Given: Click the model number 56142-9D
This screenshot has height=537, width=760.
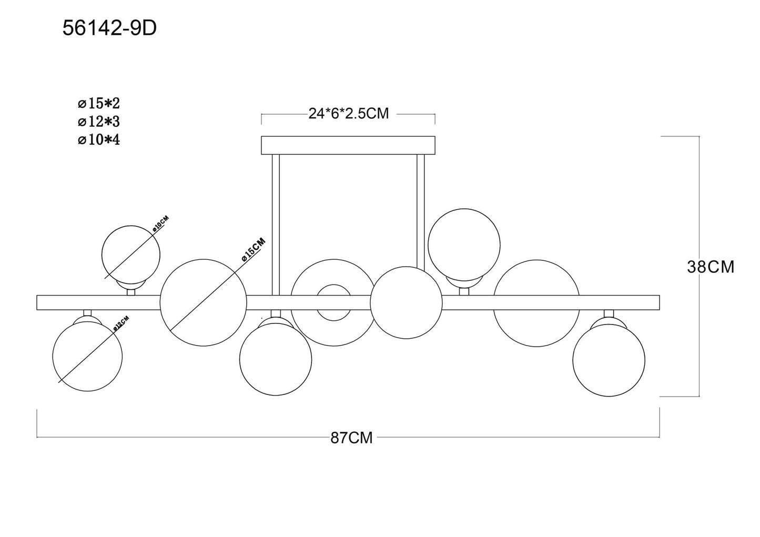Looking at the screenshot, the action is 109,28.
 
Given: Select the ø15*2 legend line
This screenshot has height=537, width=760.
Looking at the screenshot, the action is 99,104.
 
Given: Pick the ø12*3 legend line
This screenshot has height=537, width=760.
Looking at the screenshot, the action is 99,121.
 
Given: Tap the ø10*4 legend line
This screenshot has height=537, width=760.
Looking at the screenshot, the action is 99,140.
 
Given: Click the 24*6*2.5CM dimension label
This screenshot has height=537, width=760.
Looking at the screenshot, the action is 349,114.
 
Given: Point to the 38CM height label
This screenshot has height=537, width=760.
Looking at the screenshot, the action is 711,267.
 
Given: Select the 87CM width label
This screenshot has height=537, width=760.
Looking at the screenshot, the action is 351,438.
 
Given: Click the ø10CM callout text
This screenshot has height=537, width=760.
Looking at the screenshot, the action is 160,224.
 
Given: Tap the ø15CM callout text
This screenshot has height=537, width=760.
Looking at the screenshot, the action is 254,250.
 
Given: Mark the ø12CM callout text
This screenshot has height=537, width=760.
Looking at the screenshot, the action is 121,323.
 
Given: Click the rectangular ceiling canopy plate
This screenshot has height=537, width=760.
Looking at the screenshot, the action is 348,145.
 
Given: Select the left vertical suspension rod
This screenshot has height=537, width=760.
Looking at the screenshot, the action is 276,225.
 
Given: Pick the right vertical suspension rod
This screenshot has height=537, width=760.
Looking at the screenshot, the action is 421,212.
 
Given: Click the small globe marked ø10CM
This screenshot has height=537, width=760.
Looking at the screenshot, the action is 131,255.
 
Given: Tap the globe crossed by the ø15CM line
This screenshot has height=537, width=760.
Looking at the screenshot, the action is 203,302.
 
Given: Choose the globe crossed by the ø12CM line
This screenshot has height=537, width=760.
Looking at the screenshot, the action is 87,357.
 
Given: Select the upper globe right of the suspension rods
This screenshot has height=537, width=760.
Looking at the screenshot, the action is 464,245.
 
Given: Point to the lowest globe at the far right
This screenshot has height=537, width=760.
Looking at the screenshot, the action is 609,360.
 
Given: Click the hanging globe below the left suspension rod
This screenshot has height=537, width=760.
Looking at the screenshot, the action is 276,359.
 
